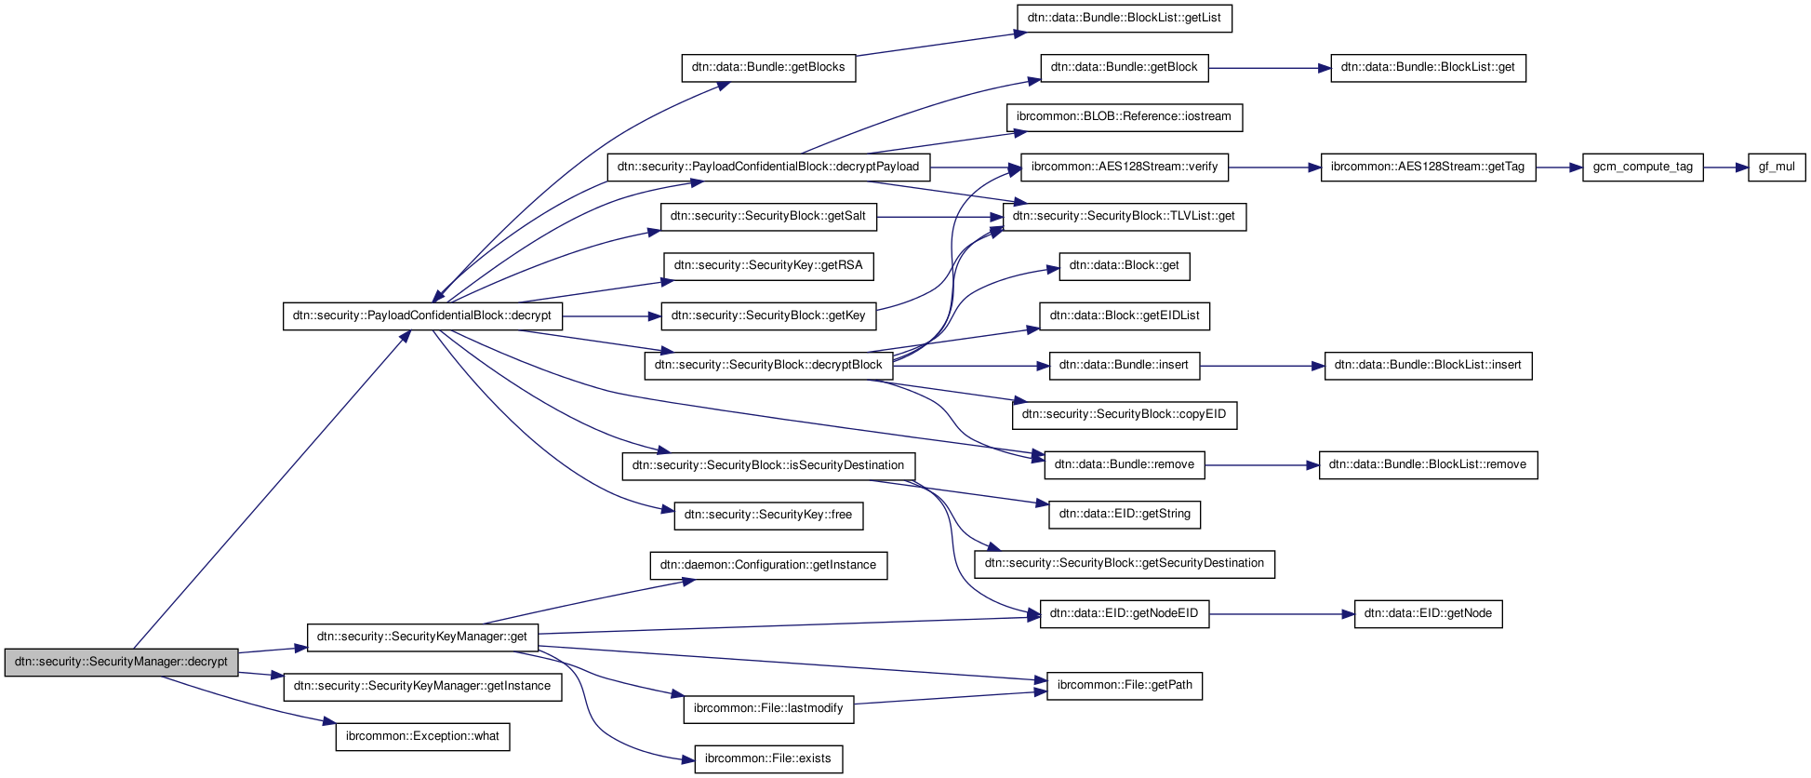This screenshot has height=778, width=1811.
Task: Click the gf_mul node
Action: click(1777, 168)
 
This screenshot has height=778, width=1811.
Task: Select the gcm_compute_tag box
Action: click(1643, 168)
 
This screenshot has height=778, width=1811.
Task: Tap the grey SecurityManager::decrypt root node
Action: click(121, 662)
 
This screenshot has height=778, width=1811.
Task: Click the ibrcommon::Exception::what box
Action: click(422, 736)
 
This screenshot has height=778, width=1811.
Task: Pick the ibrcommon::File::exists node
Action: click(768, 758)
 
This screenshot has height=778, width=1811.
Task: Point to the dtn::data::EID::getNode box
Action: click(1428, 614)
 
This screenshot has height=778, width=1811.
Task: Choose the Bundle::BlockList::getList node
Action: click(1124, 18)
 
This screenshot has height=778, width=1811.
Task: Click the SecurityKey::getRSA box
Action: click(768, 266)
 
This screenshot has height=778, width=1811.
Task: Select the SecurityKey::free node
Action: click(768, 515)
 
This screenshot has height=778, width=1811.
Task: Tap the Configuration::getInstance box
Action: click(768, 565)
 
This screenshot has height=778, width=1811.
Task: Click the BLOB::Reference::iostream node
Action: click(1124, 117)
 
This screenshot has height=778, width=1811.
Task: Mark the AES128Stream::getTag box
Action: click(1428, 168)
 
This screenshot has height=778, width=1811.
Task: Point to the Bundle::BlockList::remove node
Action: click(1428, 464)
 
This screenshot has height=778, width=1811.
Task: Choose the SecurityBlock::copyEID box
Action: click(1124, 414)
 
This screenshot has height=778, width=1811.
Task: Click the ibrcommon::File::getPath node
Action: click(1125, 686)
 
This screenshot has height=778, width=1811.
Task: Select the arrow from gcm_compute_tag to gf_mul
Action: click(1725, 168)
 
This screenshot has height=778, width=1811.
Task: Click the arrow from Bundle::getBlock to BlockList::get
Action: click(1270, 68)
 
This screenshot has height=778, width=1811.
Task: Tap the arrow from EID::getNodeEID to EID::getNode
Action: click(1282, 614)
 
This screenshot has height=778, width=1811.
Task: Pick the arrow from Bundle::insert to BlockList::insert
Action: click(1262, 366)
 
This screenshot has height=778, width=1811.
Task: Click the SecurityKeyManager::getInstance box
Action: click(422, 687)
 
